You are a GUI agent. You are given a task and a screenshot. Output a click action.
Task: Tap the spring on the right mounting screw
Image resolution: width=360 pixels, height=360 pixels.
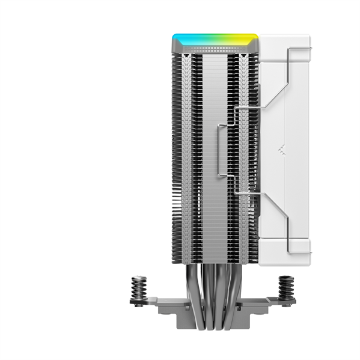pos(287,288)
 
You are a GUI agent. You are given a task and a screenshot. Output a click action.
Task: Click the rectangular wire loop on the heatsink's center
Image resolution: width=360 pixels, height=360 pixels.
pos(223,150)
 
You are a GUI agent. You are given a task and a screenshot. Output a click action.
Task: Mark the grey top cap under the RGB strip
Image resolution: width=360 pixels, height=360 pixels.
pos(215,47)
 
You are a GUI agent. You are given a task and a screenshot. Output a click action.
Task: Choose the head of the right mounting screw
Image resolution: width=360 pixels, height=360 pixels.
pos(287,278)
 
